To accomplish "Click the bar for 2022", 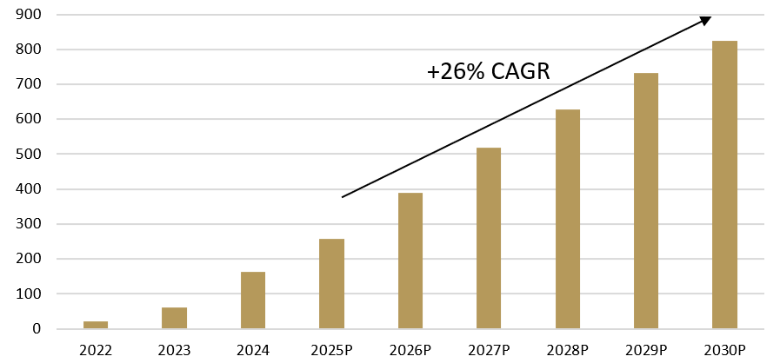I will (x=96, y=325).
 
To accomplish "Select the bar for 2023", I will (x=174, y=318).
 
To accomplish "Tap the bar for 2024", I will (x=253, y=300).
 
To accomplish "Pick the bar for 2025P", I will (x=331, y=284).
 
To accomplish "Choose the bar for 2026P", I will (x=410, y=261).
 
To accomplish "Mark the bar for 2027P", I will (x=489, y=238).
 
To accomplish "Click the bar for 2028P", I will (x=568, y=219).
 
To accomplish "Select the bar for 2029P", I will (x=646, y=201).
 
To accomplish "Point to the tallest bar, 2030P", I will (x=725, y=185).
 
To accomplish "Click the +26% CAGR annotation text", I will (x=488, y=72).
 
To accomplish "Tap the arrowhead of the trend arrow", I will (x=707, y=20).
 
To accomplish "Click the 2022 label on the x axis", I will (x=96, y=351).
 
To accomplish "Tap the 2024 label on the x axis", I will (x=253, y=351).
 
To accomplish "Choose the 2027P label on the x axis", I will (x=489, y=351).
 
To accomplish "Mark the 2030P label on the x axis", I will (x=725, y=351).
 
